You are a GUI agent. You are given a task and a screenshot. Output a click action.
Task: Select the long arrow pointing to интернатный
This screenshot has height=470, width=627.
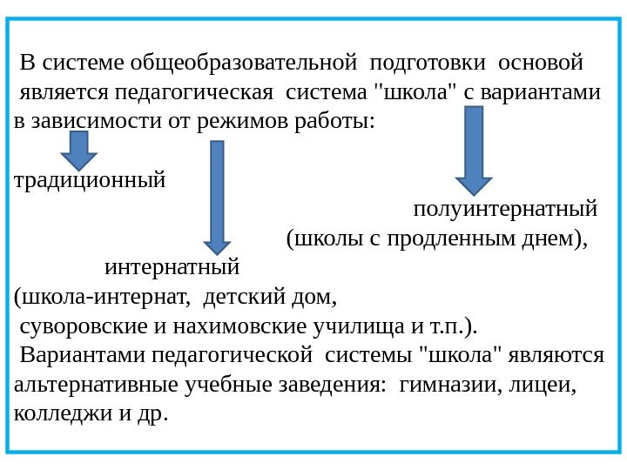coord(217,196)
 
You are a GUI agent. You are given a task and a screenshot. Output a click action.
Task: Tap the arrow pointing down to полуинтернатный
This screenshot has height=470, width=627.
coord(475,150)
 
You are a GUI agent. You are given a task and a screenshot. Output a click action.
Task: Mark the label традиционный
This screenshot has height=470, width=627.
coord(91,182)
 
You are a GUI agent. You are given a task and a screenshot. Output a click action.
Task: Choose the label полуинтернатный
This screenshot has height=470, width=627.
coord(505,210)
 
